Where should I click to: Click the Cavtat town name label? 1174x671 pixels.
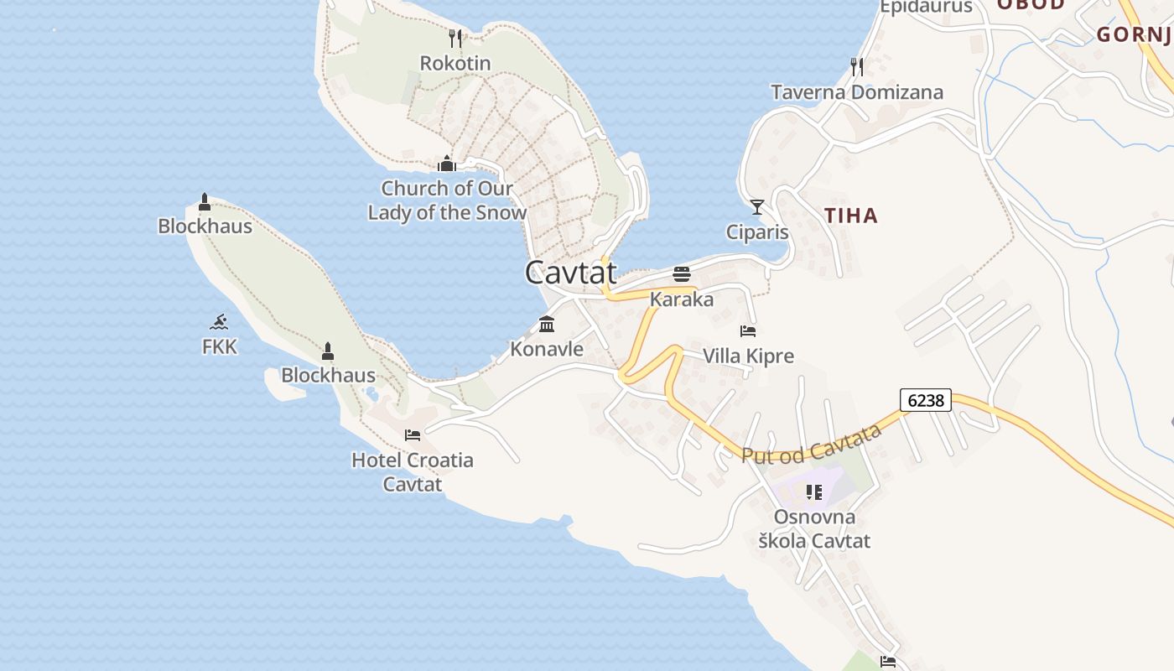coord(571,272)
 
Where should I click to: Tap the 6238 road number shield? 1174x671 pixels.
coord(926,400)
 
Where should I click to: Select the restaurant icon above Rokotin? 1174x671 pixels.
coord(455,38)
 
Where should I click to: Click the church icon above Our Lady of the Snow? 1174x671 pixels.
coord(446,163)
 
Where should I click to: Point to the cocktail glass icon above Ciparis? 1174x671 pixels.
coord(757,206)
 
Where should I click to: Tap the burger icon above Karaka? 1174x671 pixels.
coord(681,274)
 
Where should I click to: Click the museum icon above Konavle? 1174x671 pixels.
coord(547,324)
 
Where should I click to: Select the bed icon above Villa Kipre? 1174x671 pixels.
coord(748,330)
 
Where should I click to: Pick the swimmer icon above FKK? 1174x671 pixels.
coord(219,321)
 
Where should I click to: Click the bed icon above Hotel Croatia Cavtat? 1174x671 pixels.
coord(412,434)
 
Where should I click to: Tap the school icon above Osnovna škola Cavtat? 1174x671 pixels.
coord(814,492)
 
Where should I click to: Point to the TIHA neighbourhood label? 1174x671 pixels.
coord(850,216)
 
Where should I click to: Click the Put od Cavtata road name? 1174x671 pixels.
coord(811,443)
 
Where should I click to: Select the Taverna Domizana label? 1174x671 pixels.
coord(857,92)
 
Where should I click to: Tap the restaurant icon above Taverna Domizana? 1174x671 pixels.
coord(856,65)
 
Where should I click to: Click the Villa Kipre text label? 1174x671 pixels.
coord(748,356)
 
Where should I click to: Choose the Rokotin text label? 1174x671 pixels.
coord(455,63)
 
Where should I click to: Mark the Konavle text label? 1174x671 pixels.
coord(547,349)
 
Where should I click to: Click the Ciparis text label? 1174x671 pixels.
coord(757,231)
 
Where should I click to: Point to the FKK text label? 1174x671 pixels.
coord(220,346)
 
